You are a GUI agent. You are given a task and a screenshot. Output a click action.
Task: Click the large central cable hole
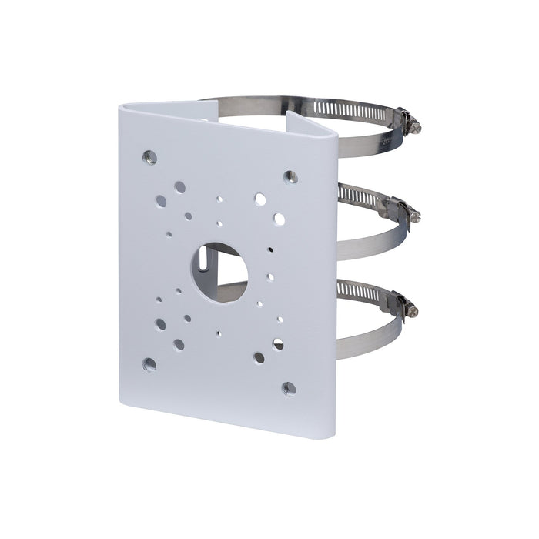tap(219, 272)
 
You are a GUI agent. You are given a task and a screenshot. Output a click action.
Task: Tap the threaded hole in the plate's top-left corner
tap(149, 157)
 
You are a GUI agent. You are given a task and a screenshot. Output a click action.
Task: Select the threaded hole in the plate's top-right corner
tap(290, 177)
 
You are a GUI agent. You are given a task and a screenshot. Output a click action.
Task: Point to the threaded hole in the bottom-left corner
tap(149, 363)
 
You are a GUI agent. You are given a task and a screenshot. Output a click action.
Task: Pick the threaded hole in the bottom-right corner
tap(289, 388)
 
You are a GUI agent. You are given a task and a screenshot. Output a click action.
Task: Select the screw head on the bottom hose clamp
tap(412, 310)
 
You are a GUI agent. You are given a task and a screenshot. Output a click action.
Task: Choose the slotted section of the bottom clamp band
tap(359, 291)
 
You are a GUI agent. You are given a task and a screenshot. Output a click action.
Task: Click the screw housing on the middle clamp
tap(397, 208)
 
